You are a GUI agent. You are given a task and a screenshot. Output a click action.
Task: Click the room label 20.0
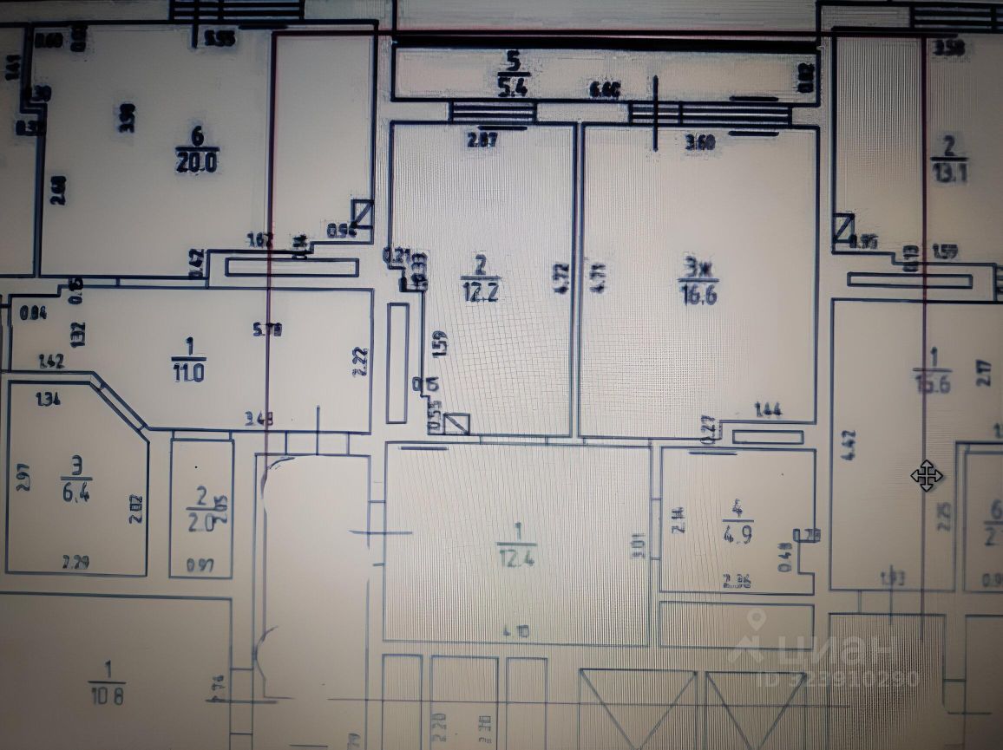pos(197,161)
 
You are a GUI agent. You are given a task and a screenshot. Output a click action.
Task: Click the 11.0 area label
pos(188,375)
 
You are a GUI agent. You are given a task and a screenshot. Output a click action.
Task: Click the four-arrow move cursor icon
pos(927,475)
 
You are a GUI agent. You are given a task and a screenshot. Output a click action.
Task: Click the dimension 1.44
pos(768,411)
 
